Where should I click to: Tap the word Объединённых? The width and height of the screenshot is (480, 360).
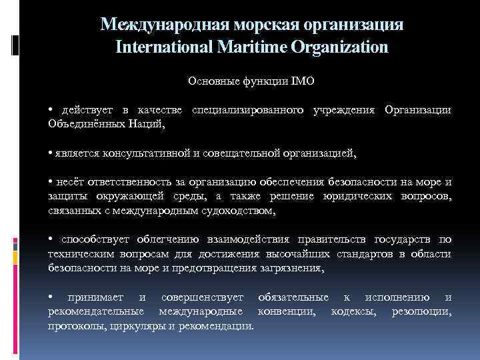pyautogui.click(x=82, y=123)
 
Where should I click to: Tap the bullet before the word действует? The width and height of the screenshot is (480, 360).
pyautogui.click(x=51, y=109)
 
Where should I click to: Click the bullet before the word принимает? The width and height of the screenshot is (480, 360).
pyautogui.click(x=51, y=297)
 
